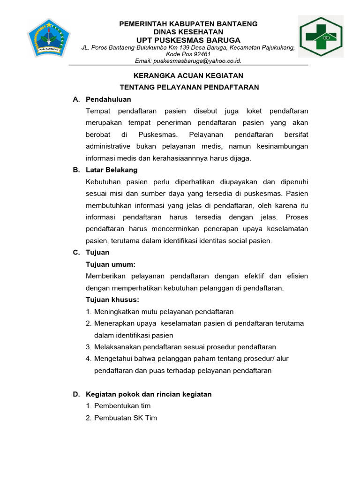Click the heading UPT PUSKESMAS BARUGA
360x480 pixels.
[188, 40]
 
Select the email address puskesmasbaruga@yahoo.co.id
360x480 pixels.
[188, 61]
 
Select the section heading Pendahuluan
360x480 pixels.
[108, 99]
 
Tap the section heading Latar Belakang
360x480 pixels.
[112, 170]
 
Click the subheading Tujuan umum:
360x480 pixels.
[111, 264]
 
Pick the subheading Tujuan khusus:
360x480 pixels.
[112, 300]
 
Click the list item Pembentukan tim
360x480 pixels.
[122, 406]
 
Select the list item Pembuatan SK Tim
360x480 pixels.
[126, 418]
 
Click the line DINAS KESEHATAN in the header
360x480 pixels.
[188, 31]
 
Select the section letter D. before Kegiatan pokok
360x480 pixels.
[76, 394]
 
